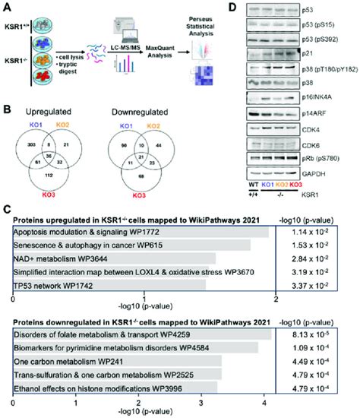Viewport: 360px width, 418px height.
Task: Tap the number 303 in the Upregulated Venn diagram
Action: tap(32, 143)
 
